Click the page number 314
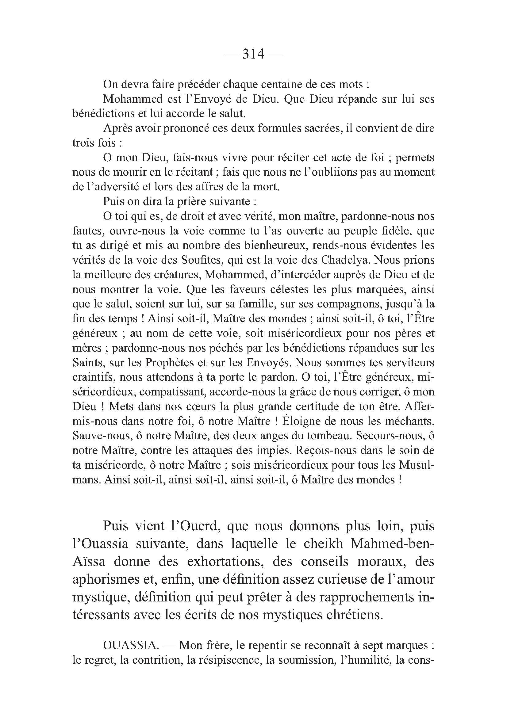253,54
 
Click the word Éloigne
300,421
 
